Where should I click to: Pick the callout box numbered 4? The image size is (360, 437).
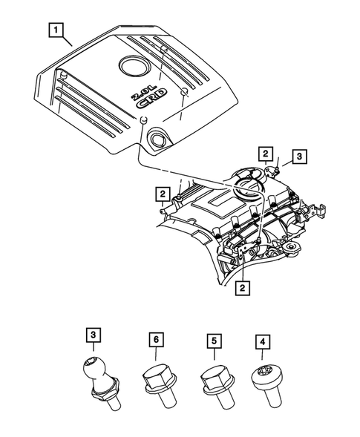click(x=264, y=342)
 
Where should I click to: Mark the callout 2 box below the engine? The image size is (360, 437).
click(x=241, y=286)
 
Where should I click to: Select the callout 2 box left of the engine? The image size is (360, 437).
click(x=161, y=195)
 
